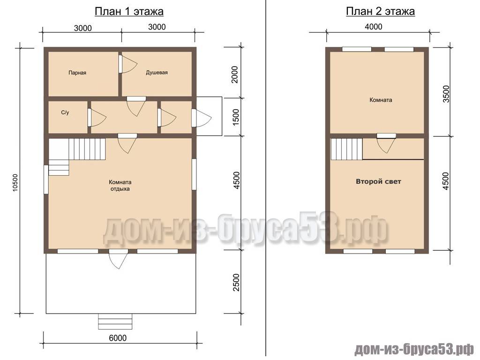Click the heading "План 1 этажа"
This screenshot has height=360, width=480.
click(129, 12)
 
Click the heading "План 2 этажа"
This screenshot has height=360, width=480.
click(380, 12)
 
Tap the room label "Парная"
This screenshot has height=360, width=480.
click(77, 73)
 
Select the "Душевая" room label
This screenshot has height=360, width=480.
click(157, 73)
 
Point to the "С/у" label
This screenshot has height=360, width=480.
click(65, 112)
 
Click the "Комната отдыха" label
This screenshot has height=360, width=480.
click(120, 185)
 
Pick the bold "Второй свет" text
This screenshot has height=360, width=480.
click(378, 181)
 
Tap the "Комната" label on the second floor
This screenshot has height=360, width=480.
click(381, 100)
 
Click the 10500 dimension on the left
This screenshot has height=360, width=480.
click(15, 183)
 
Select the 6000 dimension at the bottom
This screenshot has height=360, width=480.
click(118, 337)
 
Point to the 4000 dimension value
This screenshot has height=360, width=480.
click(374, 27)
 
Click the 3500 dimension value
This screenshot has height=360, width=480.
click(447, 94)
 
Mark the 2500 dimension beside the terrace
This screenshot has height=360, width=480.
click(236, 283)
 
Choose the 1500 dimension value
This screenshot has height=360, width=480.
click(236, 117)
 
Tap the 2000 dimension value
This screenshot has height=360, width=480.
click(235, 75)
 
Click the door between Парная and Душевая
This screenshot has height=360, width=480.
click(128, 64)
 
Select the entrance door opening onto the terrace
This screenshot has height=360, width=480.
click(119, 259)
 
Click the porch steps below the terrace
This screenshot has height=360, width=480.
click(115, 322)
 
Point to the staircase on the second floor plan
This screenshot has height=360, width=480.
click(347, 149)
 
